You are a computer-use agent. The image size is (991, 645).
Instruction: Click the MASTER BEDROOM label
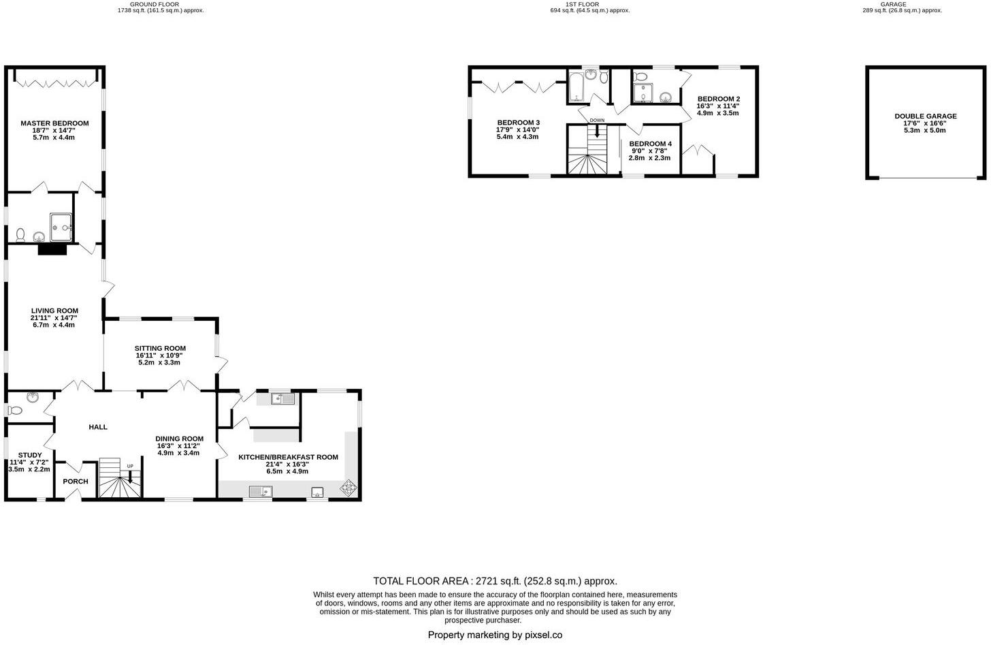pos(54,123)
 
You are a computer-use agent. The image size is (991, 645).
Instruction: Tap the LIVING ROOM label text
pos(54,311)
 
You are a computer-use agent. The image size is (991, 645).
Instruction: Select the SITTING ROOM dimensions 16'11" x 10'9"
pos(160,356)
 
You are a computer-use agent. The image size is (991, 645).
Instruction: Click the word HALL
pos(98,427)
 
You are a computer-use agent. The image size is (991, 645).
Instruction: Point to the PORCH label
pos(76,482)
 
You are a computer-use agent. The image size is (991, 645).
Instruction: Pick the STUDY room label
pos(30,455)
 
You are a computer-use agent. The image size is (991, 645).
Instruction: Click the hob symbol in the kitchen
pos(348,488)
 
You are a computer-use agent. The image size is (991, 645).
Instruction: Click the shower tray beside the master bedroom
pos(61,227)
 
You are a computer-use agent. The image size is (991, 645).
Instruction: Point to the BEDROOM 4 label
pos(650,144)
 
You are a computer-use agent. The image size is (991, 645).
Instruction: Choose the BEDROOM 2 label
pos(718,99)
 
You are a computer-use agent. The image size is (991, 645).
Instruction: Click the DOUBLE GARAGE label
pos(925,116)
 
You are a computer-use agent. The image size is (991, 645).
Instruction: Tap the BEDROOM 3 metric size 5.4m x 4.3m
pos(517,137)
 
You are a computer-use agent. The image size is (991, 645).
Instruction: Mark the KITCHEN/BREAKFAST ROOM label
pos(288,457)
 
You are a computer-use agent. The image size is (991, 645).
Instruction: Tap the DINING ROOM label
pos(179,439)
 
